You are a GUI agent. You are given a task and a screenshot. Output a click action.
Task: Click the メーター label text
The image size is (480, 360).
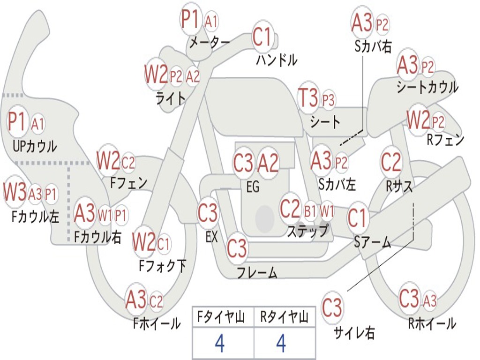(209, 43)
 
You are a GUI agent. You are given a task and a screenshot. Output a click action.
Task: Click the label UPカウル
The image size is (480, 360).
(34, 146)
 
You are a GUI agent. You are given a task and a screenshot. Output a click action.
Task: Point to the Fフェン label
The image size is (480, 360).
(128, 182)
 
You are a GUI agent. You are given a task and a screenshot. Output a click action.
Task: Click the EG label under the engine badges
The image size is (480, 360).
(253, 187)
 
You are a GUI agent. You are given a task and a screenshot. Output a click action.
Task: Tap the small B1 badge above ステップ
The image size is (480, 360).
(310, 211)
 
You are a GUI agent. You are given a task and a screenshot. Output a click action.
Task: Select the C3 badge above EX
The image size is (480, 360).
(208, 213)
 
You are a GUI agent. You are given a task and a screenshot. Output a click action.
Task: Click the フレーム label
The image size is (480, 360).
(257, 272)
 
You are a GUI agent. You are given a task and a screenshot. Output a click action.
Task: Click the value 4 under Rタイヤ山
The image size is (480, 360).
(281, 344)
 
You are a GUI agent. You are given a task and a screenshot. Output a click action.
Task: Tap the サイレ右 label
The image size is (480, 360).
(354, 333)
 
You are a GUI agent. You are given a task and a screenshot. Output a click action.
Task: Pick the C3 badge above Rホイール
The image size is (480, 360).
(409, 299)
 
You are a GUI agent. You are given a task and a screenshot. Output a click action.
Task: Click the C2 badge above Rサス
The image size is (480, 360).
(391, 162)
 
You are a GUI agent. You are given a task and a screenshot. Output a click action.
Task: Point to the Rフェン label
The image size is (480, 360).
(445, 140)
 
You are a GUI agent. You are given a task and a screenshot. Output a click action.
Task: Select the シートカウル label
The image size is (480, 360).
(427, 88)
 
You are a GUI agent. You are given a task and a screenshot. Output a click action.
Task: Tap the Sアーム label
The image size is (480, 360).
(372, 242)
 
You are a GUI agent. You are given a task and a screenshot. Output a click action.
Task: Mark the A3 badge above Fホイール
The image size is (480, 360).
(136, 300)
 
